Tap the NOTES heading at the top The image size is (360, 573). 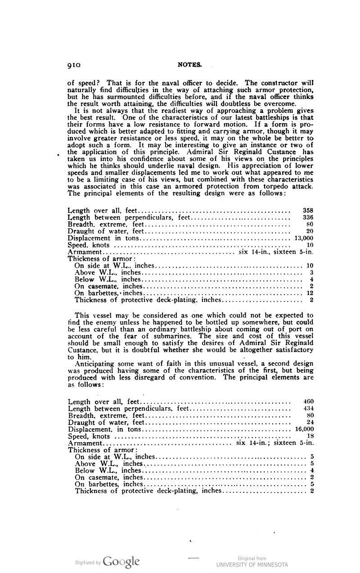pyautogui.click(x=190, y=65)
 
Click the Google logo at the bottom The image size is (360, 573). pyautogui.click(x=121, y=561)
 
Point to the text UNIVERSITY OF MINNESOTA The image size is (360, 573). pyautogui.click(x=252, y=564)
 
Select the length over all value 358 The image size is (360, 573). pyautogui.click(x=308, y=210)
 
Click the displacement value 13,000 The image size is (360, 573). pyautogui.click(x=304, y=238)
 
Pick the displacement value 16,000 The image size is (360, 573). pyautogui.click(x=304, y=429)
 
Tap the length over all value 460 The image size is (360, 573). pyautogui.click(x=308, y=401)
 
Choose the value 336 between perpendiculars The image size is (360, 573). pyautogui.click(x=308, y=217)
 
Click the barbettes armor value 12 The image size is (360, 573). pyautogui.click(x=310, y=293)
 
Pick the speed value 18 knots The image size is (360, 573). pyautogui.click(x=310, y=436)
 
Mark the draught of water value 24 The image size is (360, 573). pyautogui.click(x=310, y=422)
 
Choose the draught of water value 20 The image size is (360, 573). pyautogui.click(x=310, y=231)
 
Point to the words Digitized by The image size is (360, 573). pyautogui.click(x=88, y=562)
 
